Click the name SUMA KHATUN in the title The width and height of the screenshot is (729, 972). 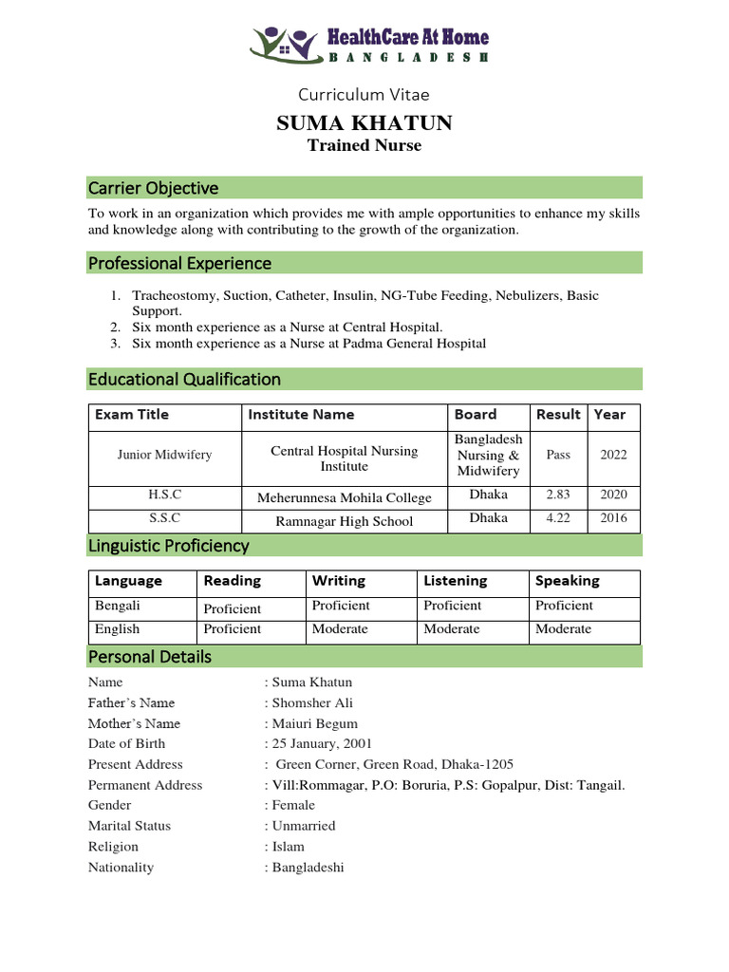[364, 122]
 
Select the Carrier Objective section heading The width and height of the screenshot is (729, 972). [153, 188]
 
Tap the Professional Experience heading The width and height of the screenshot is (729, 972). [179, 263]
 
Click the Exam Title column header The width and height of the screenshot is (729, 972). [131, 415]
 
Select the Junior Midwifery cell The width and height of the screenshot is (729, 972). [164, 455]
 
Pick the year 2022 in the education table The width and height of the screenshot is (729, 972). [613, 455]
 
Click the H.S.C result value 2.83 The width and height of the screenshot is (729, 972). [558, 495]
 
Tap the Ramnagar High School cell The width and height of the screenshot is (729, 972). [344, 521]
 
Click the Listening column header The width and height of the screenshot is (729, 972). [455, 581]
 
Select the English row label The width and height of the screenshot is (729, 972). [117, 629]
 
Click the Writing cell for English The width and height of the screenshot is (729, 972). [340, 629]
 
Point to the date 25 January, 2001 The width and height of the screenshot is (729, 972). [322, 744]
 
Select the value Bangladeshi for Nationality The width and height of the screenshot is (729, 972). [308, 868]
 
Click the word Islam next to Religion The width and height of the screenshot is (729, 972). [289, 847]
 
